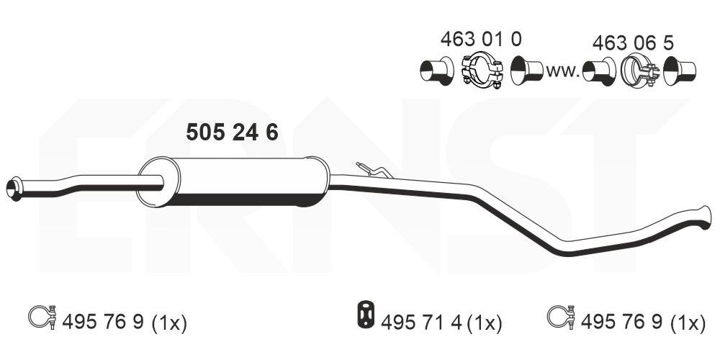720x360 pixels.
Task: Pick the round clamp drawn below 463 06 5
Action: pyautogui.click(x=637, y=72)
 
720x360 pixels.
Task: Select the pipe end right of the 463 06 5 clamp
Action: pyautogui.click(x=680, y=71)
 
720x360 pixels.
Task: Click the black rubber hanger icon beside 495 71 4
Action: pyautogui.click(x=367, y=315)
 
